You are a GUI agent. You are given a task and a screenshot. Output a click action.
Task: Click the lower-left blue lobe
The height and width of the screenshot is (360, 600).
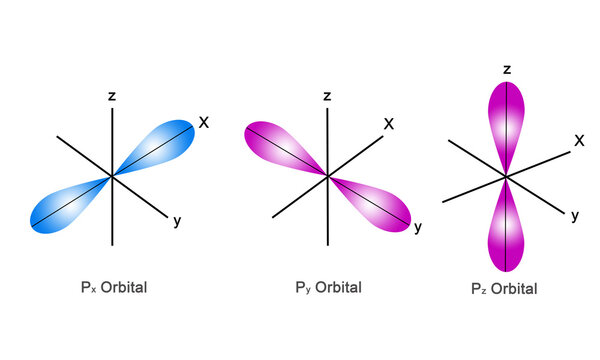coord(66,206)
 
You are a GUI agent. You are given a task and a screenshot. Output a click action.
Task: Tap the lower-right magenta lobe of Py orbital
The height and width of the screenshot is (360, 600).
coord(379,206)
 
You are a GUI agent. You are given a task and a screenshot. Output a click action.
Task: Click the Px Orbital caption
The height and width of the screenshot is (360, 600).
coord(114,288)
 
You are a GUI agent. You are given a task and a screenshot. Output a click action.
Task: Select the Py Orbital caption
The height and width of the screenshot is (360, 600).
coord(329,288)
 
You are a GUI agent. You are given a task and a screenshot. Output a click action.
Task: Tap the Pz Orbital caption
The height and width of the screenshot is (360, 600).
coord(504,288)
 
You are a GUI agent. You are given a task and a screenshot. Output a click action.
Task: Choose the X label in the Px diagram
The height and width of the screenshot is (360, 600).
coord(203,123)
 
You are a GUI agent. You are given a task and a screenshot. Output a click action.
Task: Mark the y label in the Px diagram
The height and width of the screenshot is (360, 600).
coord(176,222)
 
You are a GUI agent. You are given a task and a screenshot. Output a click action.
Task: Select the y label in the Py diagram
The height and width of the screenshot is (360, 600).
coord(418,228)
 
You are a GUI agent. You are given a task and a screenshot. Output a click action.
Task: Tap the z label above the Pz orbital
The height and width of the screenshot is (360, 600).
coord(507,69)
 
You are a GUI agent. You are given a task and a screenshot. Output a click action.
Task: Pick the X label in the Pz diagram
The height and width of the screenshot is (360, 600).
coord(579,141)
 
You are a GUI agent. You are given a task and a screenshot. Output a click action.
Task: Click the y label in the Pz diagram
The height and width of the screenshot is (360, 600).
coord(575,215)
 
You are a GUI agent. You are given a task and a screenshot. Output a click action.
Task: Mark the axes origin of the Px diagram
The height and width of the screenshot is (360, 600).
coord(112,177)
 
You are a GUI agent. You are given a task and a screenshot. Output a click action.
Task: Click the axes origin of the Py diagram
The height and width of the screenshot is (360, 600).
coord(328,177)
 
